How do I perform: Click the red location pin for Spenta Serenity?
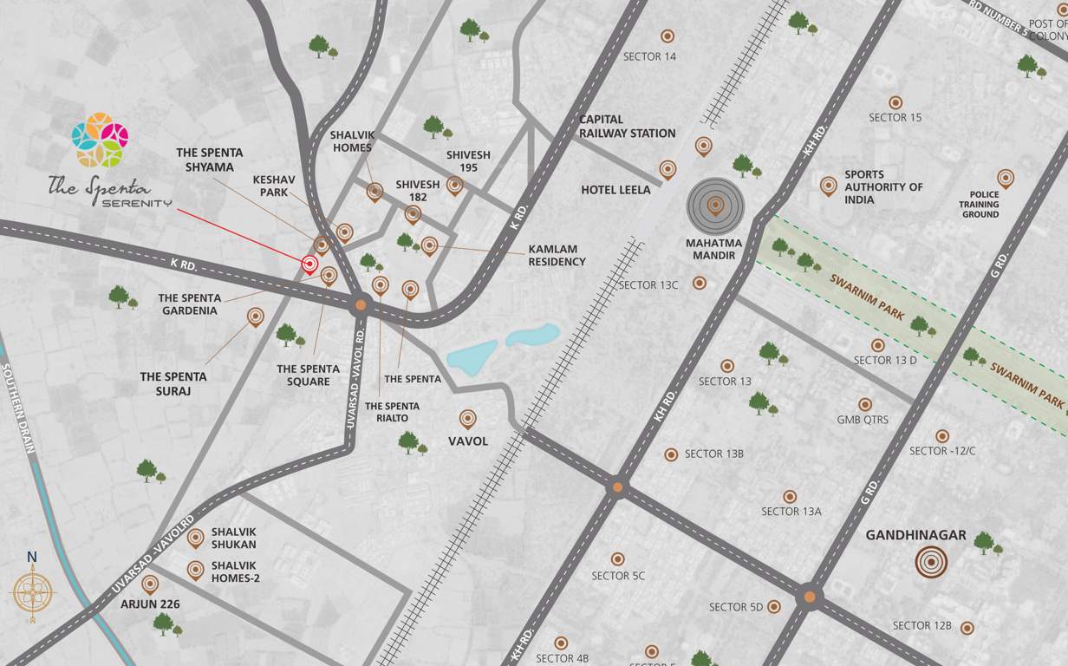[309, 264]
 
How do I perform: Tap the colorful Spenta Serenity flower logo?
[100, 140]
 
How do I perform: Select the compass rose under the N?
[33, 592]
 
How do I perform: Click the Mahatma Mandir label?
[713, 249]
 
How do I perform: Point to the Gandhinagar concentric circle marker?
[931, 562]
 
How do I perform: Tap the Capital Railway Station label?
[627, 127]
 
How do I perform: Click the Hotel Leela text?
[615, 190]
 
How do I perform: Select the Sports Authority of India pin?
[829, 185]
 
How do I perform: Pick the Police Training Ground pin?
[1005, 178]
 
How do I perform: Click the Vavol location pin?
[468, 419]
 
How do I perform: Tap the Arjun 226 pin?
[150, 584]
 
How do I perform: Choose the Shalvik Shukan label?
[234, 538]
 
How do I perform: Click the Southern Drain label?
[17, 408]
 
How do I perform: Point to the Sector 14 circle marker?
[667, 36]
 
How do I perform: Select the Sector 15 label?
[895, 117]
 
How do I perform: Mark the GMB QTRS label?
[863, 421]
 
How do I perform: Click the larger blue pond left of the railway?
[472, 357]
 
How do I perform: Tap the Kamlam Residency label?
[557, 255]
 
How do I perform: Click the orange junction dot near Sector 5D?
[809, 597]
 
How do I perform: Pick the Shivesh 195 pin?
[454, 185]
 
